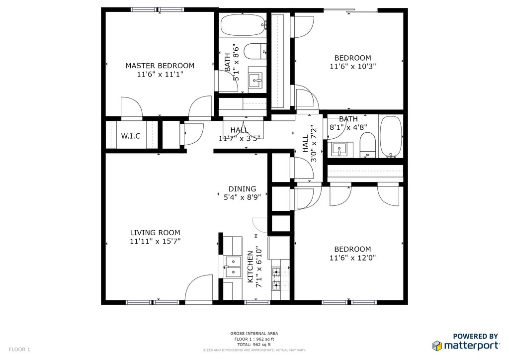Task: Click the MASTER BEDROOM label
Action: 160,66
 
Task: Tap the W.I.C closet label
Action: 131,136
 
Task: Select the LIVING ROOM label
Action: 155,233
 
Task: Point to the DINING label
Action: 242,189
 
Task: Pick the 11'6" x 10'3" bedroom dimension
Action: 353,67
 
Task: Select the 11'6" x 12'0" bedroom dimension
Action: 353,258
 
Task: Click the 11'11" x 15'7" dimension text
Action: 155,241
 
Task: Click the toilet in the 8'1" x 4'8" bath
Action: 367,145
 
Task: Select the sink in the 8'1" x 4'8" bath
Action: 339,150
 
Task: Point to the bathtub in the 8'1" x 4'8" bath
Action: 391,137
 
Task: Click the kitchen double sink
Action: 233,267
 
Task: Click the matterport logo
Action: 466,345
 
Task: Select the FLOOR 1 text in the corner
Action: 19,350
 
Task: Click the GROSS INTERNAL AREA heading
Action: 254,333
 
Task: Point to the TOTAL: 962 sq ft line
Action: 254,345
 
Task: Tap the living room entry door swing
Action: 199,288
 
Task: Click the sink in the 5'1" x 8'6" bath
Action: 255,81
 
